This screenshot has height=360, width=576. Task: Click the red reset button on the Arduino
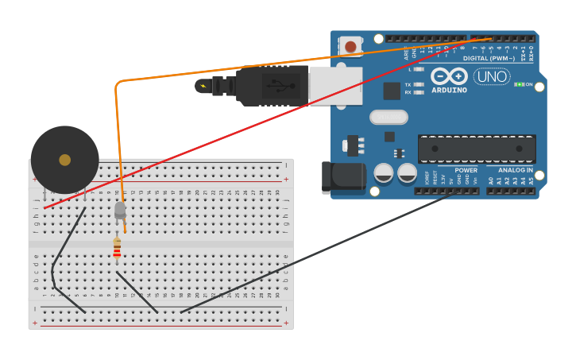[x=350, y=47]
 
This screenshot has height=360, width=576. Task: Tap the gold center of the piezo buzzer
[x=65, y=160]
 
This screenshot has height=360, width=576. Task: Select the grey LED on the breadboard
[x=120, y=210]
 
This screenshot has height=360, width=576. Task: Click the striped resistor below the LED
[x=117, y=250]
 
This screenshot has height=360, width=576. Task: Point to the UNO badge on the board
[x=491, y=76]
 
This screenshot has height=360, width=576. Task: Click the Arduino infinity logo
[x=450, y=76]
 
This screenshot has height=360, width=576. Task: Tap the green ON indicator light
[x=519, y=84]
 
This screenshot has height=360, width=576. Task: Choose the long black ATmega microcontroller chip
[x=477, y=149]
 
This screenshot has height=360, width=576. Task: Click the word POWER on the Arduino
[x=466, y=170]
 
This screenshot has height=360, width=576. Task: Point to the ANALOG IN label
[x=515, y=170]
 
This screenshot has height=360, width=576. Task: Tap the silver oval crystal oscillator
[x=389, y=117]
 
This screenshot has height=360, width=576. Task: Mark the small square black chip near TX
[x=392, y=91]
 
